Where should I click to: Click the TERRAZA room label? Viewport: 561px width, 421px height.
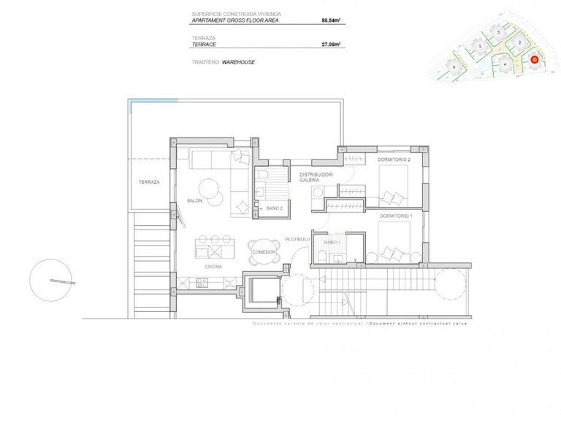[148, 181]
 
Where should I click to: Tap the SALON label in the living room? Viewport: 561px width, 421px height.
[194, 200]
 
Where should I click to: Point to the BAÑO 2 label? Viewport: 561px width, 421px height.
[275, 208]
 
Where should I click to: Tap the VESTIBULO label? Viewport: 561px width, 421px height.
[298, 239]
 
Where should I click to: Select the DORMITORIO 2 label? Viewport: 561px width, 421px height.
[394, 159]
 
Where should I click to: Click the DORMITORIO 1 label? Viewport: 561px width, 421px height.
[395, 216]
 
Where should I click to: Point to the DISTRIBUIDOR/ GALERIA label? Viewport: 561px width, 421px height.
[316, 178]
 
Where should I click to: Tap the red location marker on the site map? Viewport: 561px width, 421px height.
[534, 60]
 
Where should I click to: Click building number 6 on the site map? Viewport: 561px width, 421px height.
[454, 67]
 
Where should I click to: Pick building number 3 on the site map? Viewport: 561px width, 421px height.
[498, 33]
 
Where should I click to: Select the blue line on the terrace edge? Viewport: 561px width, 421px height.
[153, 102]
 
